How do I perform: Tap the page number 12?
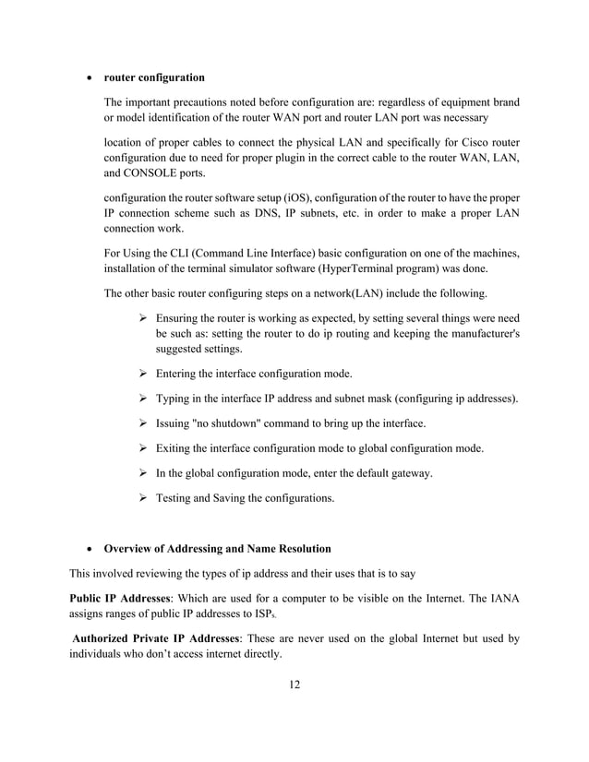click(294, 684)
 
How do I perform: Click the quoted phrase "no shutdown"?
click(213, 423)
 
